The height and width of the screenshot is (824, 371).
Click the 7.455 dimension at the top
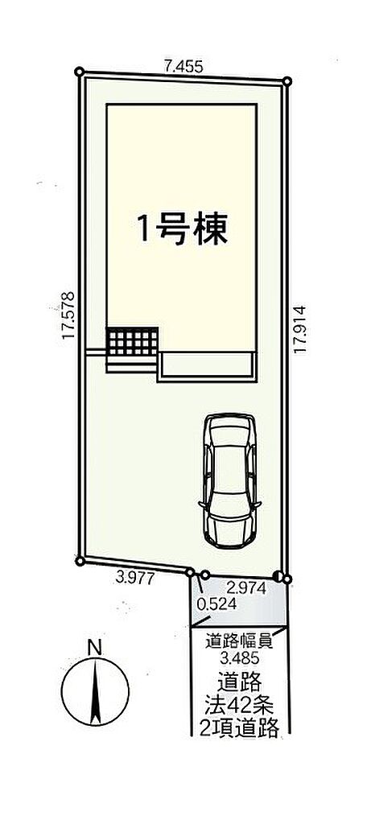(x=183, y=66)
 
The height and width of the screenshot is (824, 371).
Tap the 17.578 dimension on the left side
(x=69, y=315)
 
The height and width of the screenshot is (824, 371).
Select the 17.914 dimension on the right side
(x=300, y=329)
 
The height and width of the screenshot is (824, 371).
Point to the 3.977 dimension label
(x=134, y=579)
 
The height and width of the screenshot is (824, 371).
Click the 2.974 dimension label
(x=246, y=588)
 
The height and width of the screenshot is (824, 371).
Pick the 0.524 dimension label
(x=216, y=604)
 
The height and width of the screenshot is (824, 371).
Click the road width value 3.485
(x=238, y=657)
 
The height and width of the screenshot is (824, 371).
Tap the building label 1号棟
(x=182, y=229)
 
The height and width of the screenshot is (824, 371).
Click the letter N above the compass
(x=95, y=649)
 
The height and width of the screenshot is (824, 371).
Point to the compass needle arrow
(x=95, y=690)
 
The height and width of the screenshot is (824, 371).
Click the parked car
(x=230, y=480)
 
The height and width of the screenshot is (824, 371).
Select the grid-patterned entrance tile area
(x=133, y=340)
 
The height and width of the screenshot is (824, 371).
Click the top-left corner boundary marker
(x=80, y=72)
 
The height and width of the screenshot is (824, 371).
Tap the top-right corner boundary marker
(x=287, y=81)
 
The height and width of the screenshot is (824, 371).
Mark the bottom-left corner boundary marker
(x=80, y=561)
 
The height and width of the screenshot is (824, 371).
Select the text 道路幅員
(x=238, y=641)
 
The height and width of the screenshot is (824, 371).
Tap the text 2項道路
(x=239, y=727)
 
